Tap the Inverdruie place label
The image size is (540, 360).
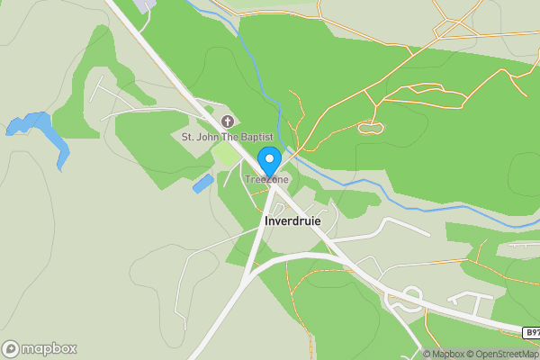point(292,220)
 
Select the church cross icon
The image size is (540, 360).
point(227,121)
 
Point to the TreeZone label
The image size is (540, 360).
point(268,180)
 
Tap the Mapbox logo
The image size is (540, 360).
point(40,348)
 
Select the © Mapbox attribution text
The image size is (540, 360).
point(446,354)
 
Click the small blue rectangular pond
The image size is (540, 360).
point(203,184)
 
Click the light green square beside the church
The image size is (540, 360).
point(226,155)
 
